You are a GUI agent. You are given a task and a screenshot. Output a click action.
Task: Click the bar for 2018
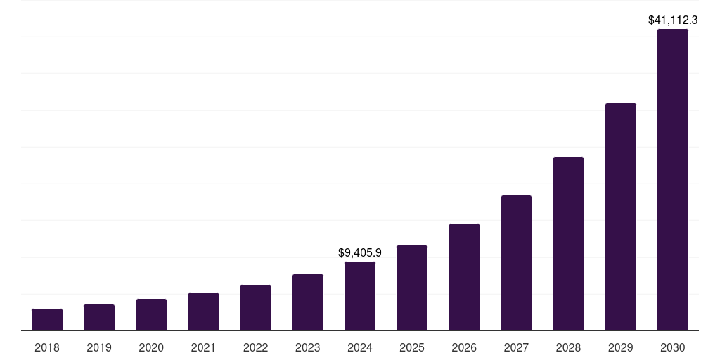click(47, 320)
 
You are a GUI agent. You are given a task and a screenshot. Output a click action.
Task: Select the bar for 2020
click(151, 315)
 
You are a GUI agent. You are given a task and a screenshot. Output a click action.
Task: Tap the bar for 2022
click(255, 308)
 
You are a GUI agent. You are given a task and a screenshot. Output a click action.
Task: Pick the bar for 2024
click(360, 296)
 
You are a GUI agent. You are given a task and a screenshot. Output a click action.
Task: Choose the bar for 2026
click(464, 277)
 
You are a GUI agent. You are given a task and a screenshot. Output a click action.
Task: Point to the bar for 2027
click(516, 263)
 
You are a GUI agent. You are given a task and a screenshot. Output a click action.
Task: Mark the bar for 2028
click(568, 244)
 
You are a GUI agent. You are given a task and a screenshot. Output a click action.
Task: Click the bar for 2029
click(621, 217)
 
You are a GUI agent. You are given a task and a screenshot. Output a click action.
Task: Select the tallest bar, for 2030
click(673, 180)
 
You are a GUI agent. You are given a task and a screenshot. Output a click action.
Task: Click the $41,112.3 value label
click(673, 20)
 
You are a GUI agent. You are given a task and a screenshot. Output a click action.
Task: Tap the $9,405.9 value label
click(360, 252)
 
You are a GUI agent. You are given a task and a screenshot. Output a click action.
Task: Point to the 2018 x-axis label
click(47, 347)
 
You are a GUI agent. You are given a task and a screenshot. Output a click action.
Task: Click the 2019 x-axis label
click(99, 347)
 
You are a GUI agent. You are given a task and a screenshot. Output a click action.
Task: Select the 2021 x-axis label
click(203, 347)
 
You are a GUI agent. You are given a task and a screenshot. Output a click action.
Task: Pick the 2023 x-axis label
click(308, 347)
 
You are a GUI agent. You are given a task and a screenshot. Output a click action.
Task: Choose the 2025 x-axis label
click(412, 347)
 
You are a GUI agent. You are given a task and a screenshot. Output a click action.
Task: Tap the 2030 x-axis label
click(673, 347)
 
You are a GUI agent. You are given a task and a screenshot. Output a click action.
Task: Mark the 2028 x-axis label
click(568, 347)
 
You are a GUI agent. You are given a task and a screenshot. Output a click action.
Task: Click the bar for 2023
click(308, 302)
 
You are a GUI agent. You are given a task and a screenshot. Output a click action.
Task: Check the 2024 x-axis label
click(360, 347)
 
